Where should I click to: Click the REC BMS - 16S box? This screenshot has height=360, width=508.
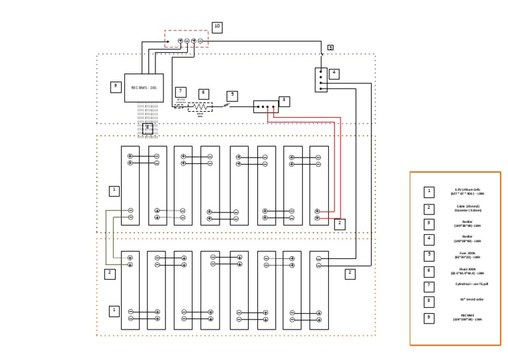click(144, 87)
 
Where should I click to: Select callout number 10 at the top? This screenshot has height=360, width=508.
click(217, 27)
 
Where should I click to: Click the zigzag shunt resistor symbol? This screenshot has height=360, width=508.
click(200, 106)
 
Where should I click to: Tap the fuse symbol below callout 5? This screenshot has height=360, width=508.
click(226, 105)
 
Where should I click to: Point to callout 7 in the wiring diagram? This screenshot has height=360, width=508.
click(181, 92)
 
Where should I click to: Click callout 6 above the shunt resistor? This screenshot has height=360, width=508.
click(203, 94)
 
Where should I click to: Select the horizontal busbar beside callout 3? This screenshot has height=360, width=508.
click(265, 107)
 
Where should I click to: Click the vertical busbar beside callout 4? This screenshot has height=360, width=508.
click(321, 79)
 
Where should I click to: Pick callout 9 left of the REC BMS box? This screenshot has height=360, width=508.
click(116, 87)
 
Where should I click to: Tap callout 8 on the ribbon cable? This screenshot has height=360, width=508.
click(148, 128)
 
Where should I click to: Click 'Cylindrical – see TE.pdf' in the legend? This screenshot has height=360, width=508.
click(471, 284)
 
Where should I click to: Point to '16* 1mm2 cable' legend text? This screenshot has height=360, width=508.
click(471, 299)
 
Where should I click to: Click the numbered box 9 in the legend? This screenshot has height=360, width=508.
click(429, 318)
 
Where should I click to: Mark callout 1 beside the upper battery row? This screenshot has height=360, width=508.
click(114, 191)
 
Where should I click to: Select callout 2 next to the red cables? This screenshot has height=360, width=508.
click(339, 224)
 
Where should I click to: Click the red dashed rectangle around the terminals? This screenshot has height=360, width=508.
click(187, 38)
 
